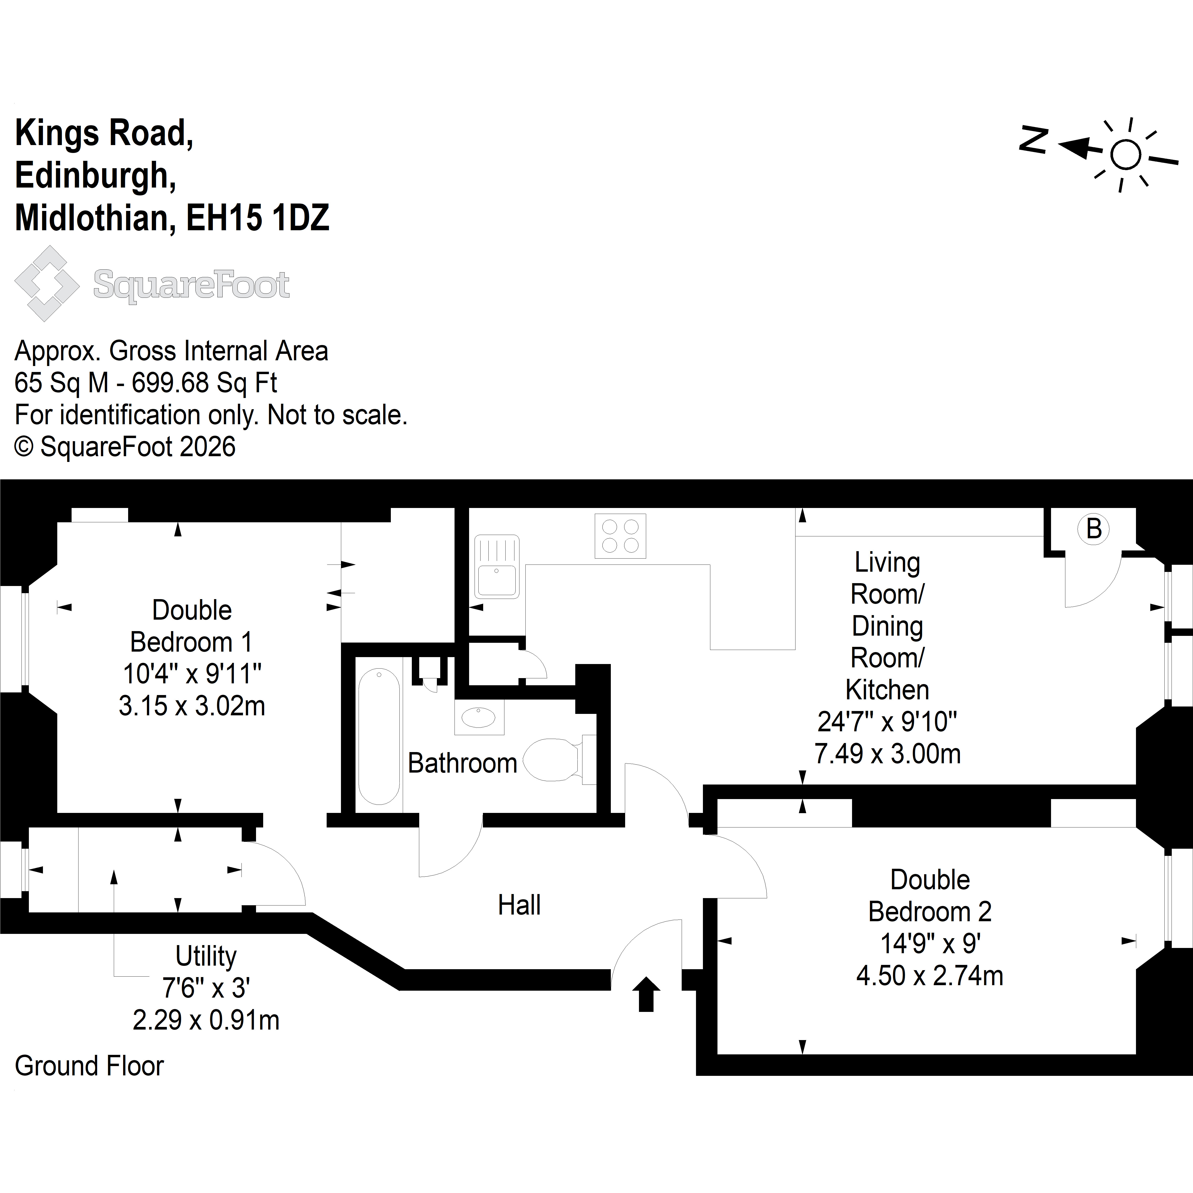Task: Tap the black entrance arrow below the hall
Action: click(x=646, y=994)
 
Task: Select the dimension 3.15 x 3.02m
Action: click(x=192, y=706)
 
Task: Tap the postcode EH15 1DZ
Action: click(x=258, y=218)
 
